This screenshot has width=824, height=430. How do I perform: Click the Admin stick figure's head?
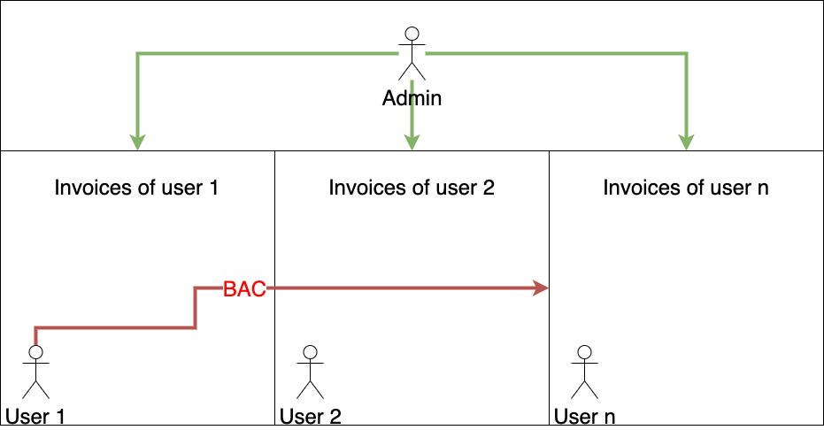point(412,35)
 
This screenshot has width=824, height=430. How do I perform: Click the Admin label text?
point(412,98)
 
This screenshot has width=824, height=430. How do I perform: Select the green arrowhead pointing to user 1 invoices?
point(138,142)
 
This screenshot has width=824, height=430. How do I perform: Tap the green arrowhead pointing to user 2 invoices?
point(412,142)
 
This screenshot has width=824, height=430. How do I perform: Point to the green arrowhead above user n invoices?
point(686,142)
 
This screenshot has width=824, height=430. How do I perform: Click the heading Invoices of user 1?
point(136,188)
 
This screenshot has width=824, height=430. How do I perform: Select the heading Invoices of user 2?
point(412,188)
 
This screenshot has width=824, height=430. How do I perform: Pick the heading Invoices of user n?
point(686,188)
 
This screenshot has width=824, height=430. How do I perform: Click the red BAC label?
point(244,289)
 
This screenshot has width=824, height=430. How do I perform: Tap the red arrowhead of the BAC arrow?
point(541,288)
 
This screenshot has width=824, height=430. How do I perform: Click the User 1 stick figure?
point(35,372)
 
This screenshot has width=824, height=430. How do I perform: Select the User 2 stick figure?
point(310,372)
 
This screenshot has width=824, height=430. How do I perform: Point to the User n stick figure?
point(584,372)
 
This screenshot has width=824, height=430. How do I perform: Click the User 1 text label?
point(35,417)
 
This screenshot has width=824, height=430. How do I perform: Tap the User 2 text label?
point(310,417)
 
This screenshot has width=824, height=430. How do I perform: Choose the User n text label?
point(584,417)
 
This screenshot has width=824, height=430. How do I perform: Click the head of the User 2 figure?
point(310,352)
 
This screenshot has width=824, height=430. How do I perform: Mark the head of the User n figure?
point(584,352)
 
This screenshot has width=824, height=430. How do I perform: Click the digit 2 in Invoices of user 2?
point(489,188)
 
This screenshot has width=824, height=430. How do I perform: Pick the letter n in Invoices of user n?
point(763,189)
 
